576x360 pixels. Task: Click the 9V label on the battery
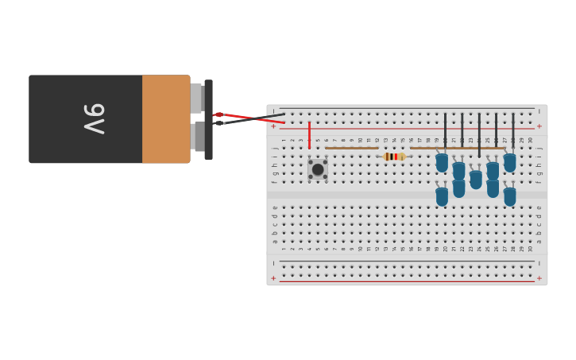pos(94,119)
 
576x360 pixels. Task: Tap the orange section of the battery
pos(165,119)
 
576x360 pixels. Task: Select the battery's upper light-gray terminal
pos(196,99)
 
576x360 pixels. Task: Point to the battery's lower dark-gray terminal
pos(199,136)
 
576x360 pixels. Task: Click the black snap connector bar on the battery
pos(208,119)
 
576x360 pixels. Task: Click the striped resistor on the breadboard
pos(393,157)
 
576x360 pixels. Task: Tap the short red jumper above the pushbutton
pos(309,135)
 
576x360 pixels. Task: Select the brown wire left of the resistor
pos(351,148)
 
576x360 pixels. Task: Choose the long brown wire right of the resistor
pos(458,148)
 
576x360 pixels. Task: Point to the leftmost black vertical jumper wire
pos(445,131)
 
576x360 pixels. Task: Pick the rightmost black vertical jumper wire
pos(512,131)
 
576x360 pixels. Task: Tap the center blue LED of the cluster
pos(476,180)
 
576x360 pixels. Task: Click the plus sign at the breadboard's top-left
pos(273,126)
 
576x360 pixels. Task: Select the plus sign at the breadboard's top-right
pos(539,126)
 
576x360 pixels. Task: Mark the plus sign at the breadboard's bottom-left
pos(273,278)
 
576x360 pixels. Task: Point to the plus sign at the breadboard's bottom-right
pos(539,278)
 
